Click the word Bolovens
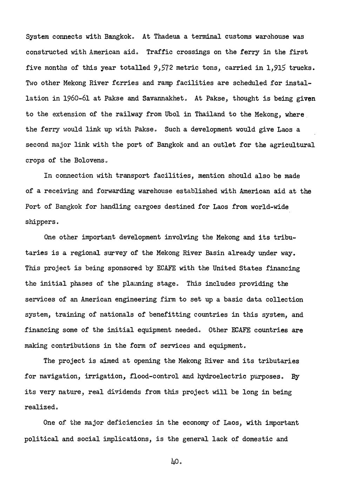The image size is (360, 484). tap(89, 160)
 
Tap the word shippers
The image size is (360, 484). tap(41, 222)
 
